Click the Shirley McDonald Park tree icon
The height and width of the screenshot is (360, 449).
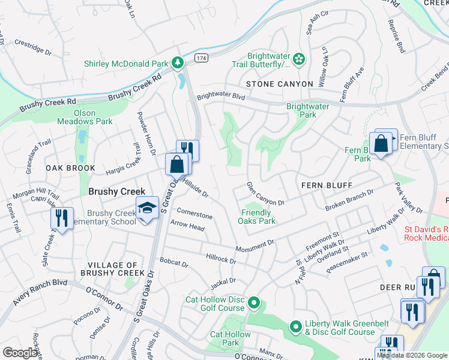(x=178, y=62)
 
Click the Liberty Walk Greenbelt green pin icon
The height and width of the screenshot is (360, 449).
(x=295, y=327)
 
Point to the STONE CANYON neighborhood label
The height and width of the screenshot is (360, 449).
(x=279, y=84)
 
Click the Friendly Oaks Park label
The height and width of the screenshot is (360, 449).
(x=259, y=217)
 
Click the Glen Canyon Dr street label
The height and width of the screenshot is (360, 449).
(x=265, y=194)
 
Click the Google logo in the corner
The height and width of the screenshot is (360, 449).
(x=20, y=353)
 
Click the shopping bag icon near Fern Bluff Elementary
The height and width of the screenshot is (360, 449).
(x=381, y=144)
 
